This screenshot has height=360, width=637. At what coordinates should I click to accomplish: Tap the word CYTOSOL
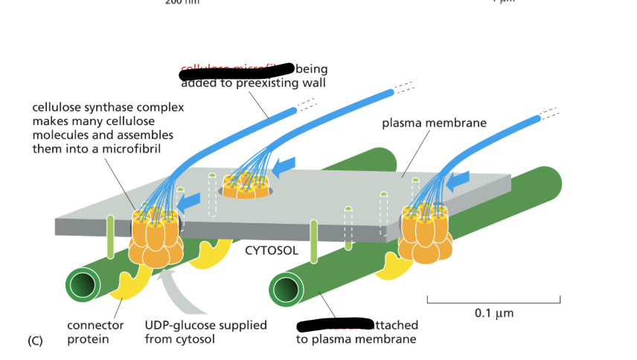[272, 250]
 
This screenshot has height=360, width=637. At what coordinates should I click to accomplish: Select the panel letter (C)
[35, 341]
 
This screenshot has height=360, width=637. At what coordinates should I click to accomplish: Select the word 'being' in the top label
[312, 69]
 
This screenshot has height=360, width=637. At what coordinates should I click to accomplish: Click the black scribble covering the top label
[237, 71]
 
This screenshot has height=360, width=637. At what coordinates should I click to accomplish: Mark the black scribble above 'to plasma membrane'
[333, 325]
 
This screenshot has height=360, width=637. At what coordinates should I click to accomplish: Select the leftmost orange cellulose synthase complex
[156, 237]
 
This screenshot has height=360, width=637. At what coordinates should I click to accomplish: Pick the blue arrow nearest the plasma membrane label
[458, 179]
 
